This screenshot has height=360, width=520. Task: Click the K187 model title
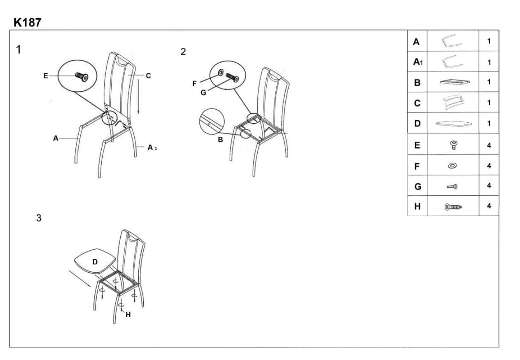coord(28,23)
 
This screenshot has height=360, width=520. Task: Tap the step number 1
coord(19,50)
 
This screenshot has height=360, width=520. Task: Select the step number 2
coord(183,52)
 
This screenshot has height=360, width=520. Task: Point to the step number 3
coord(39,218)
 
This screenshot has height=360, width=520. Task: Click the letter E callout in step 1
coord(46,76)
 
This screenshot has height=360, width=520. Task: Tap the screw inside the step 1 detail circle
coord(82,77)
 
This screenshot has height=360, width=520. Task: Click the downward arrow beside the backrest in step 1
coord(138,96)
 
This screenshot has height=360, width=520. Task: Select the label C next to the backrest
coord(148,75)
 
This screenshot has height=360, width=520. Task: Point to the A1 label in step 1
coord(152,147)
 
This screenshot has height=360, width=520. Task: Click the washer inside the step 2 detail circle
coord(220,72)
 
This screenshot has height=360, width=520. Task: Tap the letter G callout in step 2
coord(203,93)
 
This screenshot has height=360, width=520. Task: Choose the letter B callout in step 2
coord(220,139)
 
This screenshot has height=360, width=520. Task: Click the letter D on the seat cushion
coord(95,262)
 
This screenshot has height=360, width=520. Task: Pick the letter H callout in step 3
coord(128,315)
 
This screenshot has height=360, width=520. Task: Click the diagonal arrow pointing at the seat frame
coord(80,279)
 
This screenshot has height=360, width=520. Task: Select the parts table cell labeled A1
coord(417,62)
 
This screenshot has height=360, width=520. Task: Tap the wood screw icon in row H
coord(453,206)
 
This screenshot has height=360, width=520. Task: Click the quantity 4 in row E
coord(489,145)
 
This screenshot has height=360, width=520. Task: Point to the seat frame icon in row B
coord(455,82)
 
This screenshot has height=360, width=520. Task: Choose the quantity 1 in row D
coord(489,123)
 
